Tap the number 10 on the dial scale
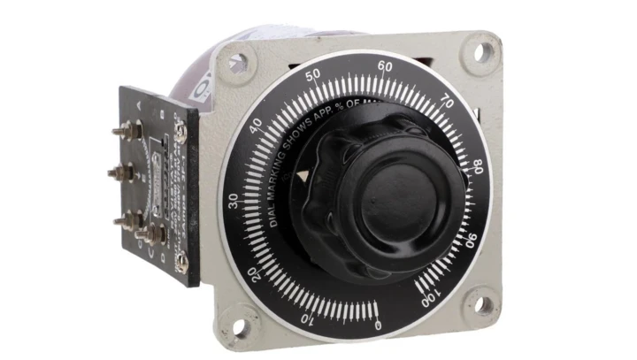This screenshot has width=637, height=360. (306, 318)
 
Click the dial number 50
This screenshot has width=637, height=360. (312, 77)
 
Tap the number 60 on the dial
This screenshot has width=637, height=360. (385, 65)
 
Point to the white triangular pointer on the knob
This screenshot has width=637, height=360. (305, 177)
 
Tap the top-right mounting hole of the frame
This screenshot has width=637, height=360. (481, 51)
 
